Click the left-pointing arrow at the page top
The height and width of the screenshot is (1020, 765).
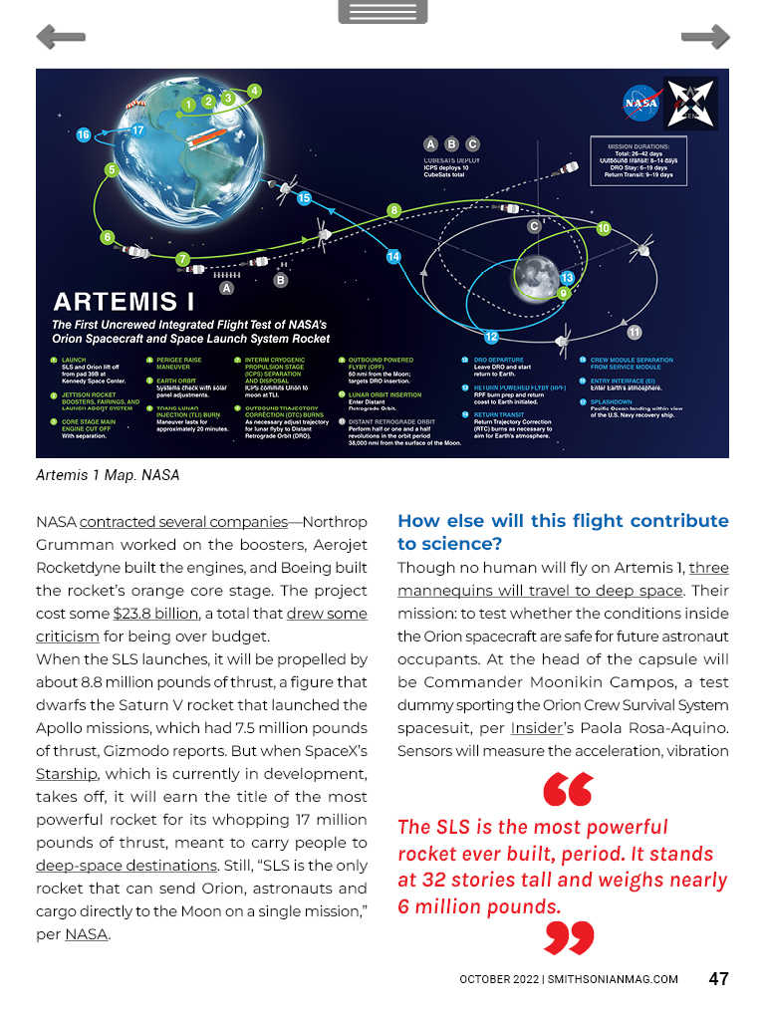tap(60, 38)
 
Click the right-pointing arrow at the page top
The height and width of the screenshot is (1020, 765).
tap(705, 38)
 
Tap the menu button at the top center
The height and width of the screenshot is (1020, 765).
tap(382, 12)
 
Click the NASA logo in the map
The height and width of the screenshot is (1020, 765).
tap(639, 102)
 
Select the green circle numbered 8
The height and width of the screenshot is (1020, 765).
tap(394, 210)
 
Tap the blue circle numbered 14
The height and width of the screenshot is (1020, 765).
tap(393, 257)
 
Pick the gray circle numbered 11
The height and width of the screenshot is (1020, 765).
tap(634, 332)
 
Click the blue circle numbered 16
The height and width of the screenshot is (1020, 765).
tap(83, 134)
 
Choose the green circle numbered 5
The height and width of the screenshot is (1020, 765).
tap(112, 170)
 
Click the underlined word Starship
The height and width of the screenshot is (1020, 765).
tap(66, 773)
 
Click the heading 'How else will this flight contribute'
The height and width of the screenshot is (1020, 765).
tap(563, 521)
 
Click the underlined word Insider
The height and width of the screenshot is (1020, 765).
tap(538, 727)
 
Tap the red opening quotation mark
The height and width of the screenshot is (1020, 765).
tap(568, 791)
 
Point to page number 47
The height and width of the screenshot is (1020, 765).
tap(718, 978)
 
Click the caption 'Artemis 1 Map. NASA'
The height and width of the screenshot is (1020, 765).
tap(108, 475)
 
